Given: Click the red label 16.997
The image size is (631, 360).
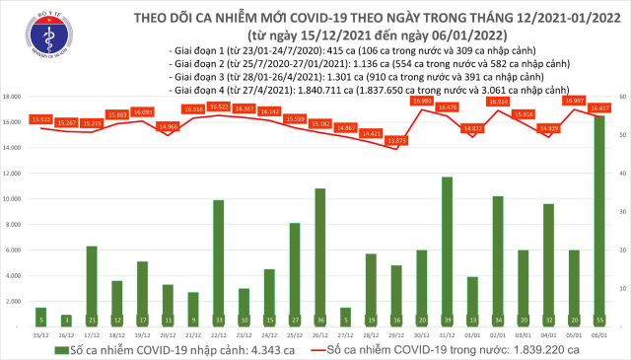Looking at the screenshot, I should click(x=575, y=100).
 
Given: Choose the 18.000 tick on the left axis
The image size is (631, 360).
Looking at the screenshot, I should click(x=15, y=97).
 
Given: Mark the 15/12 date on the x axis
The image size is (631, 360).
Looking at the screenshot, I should click(x=40, y=334).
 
